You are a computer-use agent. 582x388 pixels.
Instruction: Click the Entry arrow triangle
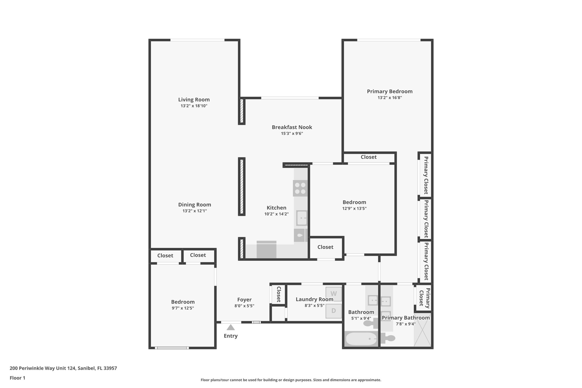(230, 327)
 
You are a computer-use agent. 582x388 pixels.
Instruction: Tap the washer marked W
(334, 294)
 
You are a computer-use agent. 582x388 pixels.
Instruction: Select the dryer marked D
(334, 311)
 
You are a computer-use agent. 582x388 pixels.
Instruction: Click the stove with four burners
(300, 188)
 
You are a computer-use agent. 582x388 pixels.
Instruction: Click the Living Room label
(194, 99)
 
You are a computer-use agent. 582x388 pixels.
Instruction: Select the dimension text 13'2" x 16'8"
(390, 97)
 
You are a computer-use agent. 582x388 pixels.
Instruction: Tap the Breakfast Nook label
(292, 127)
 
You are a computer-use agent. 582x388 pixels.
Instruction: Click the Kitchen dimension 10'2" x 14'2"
(277, 214)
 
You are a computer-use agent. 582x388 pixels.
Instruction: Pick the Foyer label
(244, 300)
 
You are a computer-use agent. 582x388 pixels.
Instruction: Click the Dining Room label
(194, 205)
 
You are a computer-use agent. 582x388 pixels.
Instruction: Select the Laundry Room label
(314, 299)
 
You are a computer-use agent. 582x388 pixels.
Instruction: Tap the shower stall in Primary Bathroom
(422, 330)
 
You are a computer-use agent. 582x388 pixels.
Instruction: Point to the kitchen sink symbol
(302, 218)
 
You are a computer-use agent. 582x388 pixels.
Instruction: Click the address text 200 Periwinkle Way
(63, 368)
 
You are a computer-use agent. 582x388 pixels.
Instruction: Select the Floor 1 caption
(17, 378)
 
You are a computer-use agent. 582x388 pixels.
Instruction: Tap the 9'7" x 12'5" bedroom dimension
(183, 308)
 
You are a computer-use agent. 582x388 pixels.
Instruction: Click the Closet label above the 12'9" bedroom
(369, 157)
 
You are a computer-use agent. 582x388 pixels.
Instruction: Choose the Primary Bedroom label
(390, 91)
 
